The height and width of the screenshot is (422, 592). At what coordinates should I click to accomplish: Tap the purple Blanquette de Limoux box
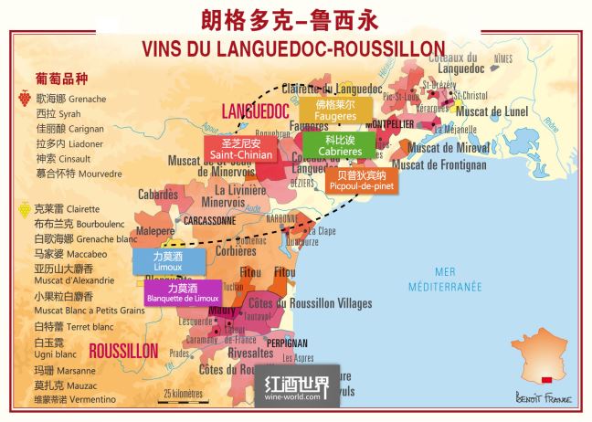[182, 292]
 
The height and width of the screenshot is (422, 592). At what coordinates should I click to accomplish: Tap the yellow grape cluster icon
[23, 208]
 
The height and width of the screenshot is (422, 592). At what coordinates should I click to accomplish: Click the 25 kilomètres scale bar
[182, 396]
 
